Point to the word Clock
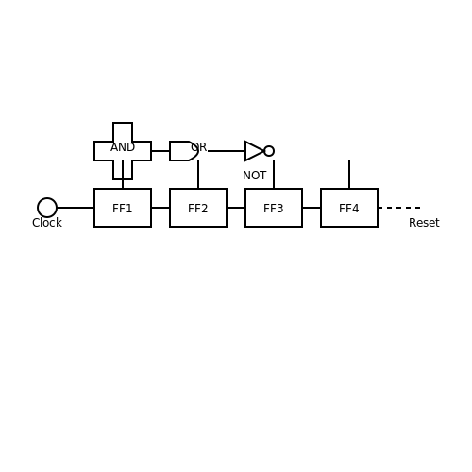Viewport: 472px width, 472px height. click(47, 223)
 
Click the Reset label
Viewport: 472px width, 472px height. click(424, 223)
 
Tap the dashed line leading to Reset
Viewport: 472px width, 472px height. click(399, 208)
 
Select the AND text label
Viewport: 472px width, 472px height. click(123, 147)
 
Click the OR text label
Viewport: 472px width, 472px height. click(199, 147)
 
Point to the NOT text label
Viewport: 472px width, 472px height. click(255, 176)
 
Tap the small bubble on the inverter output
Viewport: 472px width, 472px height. click(269, 146)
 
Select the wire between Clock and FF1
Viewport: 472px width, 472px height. click(76, 208)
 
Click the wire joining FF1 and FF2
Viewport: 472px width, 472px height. click(160, 208)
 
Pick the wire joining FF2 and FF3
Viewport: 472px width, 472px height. click(236, 208)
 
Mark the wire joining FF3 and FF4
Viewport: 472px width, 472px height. click(312, 208)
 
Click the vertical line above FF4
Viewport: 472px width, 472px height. click(349, 175)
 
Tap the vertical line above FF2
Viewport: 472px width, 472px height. click(198, 175)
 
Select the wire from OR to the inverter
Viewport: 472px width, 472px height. click(227, 151)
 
